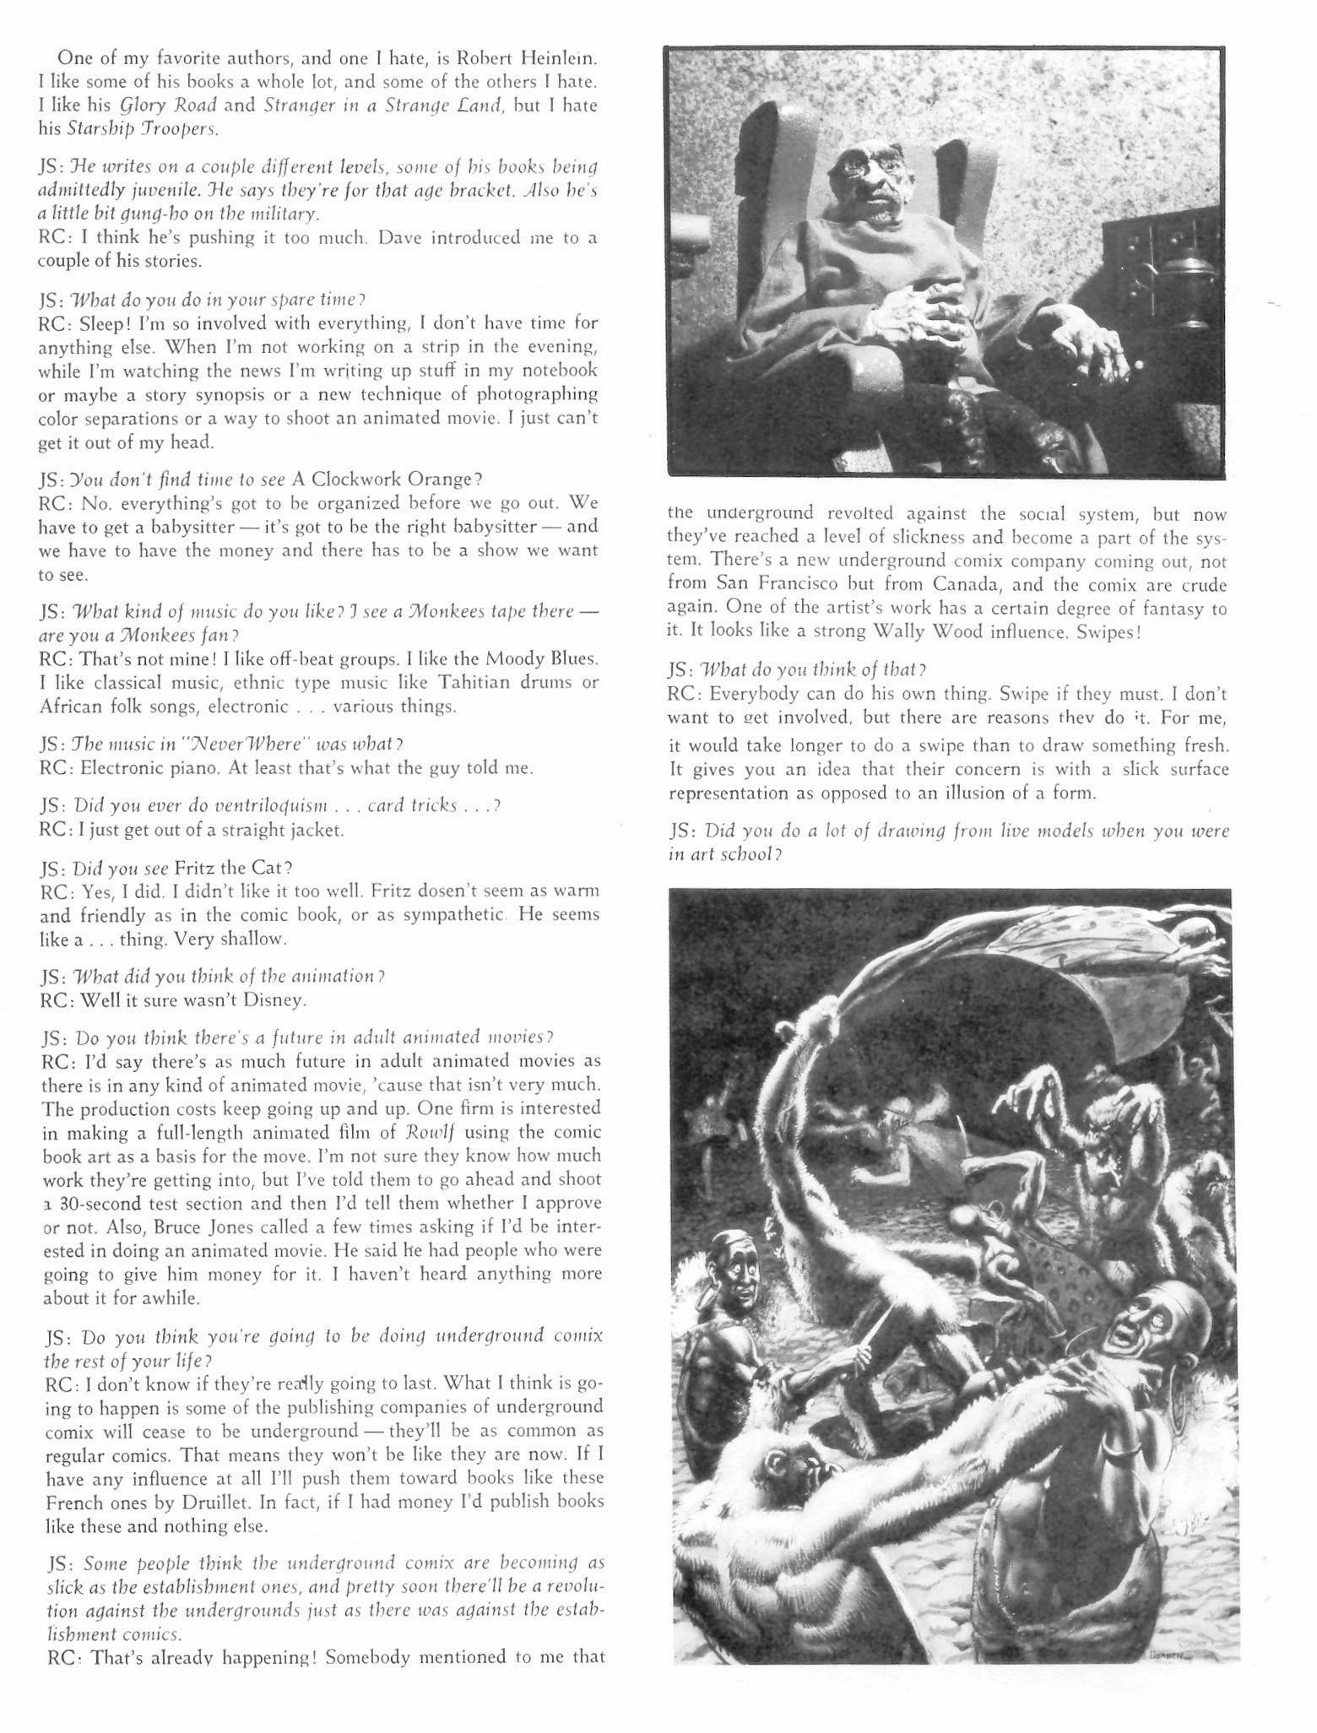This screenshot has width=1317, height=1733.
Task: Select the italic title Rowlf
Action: point(463,1131)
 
